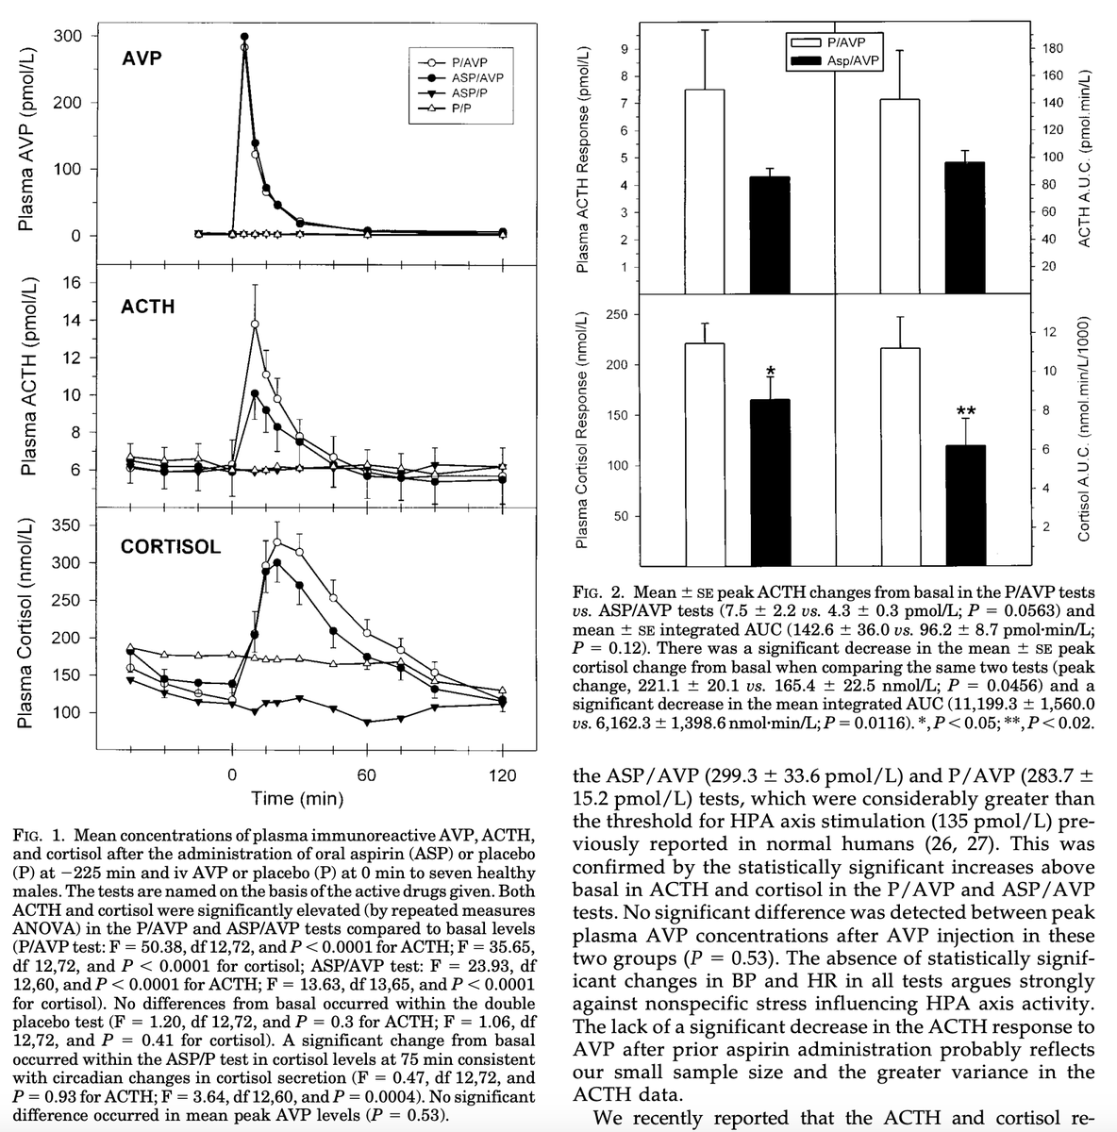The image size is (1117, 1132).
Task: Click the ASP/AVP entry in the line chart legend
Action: (x=477, y=77)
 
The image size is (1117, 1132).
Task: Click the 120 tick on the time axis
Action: (x=502, y=775)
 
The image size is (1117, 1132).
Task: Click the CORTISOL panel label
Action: (x=171, y=547)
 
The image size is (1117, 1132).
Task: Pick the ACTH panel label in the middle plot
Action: (x=147, y=307)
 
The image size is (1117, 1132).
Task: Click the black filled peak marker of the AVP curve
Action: (x=245, y=37)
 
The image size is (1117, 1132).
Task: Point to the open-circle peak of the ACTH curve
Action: (x=255, y=325)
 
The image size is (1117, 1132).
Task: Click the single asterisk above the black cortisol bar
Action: (x=771, y=370)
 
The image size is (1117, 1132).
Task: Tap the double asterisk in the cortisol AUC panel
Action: (x=965, y=410)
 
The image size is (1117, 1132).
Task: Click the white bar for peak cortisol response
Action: (x=704, y=453)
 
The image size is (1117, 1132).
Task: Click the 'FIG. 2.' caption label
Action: (x=599, y=593)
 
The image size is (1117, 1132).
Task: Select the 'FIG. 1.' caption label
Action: (x=40, y=836)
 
